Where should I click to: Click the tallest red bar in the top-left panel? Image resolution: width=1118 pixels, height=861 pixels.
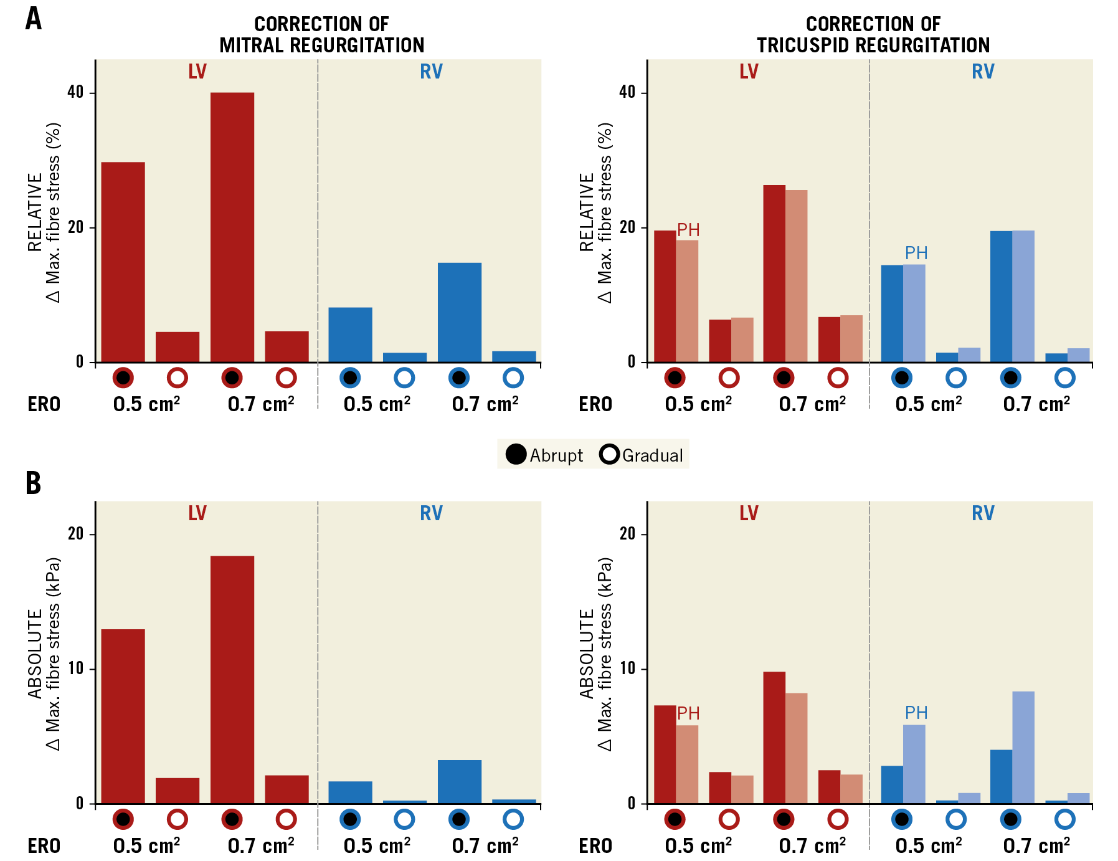(232, 227)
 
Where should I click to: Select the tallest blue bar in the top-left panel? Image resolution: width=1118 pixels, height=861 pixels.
(459, 312)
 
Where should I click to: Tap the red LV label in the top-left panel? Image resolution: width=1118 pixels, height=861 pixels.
(197, 72)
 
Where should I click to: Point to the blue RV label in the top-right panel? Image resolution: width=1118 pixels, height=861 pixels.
(982, 72)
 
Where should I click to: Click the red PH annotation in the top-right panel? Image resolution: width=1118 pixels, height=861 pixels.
(688, 230)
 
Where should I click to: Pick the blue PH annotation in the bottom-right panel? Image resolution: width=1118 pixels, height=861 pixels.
(916, 712)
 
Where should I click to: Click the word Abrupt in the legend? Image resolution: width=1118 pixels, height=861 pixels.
(556, 455)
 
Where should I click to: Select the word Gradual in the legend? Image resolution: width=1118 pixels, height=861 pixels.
(652, 455)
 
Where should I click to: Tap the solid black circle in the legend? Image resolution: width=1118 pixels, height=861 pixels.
(516, 454)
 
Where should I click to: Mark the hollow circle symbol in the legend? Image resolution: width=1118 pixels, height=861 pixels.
(609, 454)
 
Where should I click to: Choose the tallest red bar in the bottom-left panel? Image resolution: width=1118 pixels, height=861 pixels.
(232, 679)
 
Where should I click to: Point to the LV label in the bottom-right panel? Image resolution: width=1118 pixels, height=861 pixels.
(748, 513)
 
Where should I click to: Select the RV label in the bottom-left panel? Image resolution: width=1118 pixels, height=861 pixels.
(431, 513)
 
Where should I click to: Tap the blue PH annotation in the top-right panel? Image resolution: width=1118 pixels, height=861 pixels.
(916, 253)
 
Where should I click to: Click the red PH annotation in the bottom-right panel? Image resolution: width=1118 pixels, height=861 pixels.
(688, 713)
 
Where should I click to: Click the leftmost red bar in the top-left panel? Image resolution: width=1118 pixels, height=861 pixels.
(123, 262)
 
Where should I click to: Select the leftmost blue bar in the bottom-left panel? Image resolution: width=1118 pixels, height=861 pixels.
(350, 792)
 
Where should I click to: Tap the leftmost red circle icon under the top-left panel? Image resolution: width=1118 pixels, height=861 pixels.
(123, 378)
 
